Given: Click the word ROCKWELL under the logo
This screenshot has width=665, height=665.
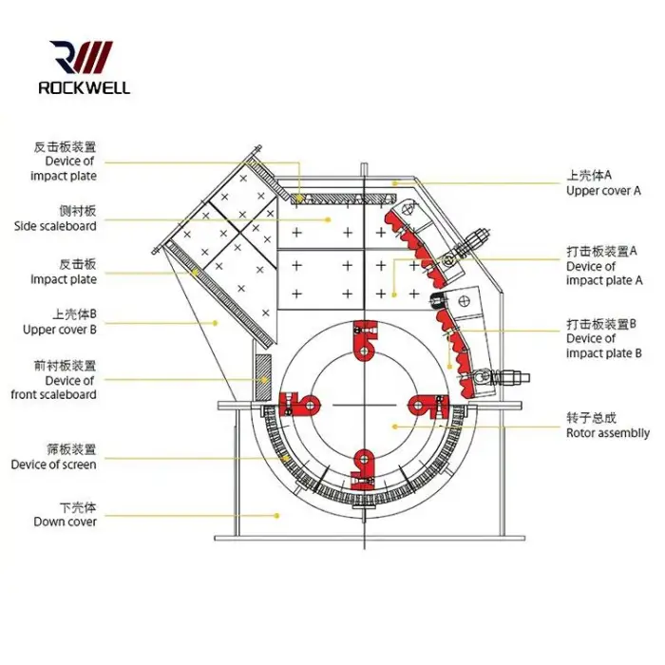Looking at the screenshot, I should tap(84, 87).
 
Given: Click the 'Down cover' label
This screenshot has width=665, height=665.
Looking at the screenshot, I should tap(66, 522).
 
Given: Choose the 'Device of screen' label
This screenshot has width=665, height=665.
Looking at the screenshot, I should tap(54, 465).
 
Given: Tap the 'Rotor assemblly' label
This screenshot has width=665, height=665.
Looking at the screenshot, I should tap(608, 433).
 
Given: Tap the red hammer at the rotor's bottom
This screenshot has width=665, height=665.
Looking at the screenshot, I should tap(363, 463).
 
